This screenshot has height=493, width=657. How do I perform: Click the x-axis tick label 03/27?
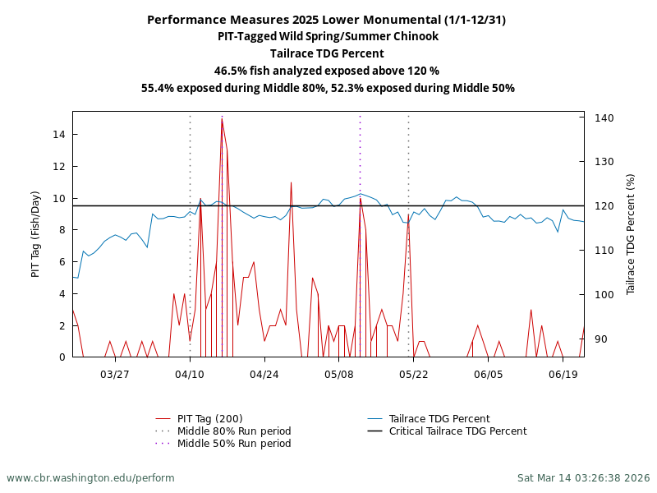coord(115,374)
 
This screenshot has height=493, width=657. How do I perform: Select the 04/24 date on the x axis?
coord(264,374)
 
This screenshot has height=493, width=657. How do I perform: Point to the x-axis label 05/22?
coord(414,374)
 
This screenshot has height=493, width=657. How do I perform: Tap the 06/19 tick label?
coord(563,374)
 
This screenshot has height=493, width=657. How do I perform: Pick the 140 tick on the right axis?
coord(603,118)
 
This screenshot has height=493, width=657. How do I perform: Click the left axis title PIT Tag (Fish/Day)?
coord(35,234)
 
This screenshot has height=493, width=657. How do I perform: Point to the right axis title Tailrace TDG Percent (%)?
coord(631,234)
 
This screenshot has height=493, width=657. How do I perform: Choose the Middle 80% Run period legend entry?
coord(233,431)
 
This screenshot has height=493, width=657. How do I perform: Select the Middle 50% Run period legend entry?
coord(233,444)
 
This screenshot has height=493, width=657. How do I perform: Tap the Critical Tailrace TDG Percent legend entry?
coord(457,431)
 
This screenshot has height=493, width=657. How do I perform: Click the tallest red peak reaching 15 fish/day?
coord(222,120)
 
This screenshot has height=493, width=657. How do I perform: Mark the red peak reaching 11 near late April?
coord(291,182)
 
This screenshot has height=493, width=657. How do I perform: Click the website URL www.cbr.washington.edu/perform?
coord(90,477)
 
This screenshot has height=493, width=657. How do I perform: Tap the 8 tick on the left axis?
coord(62,230)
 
